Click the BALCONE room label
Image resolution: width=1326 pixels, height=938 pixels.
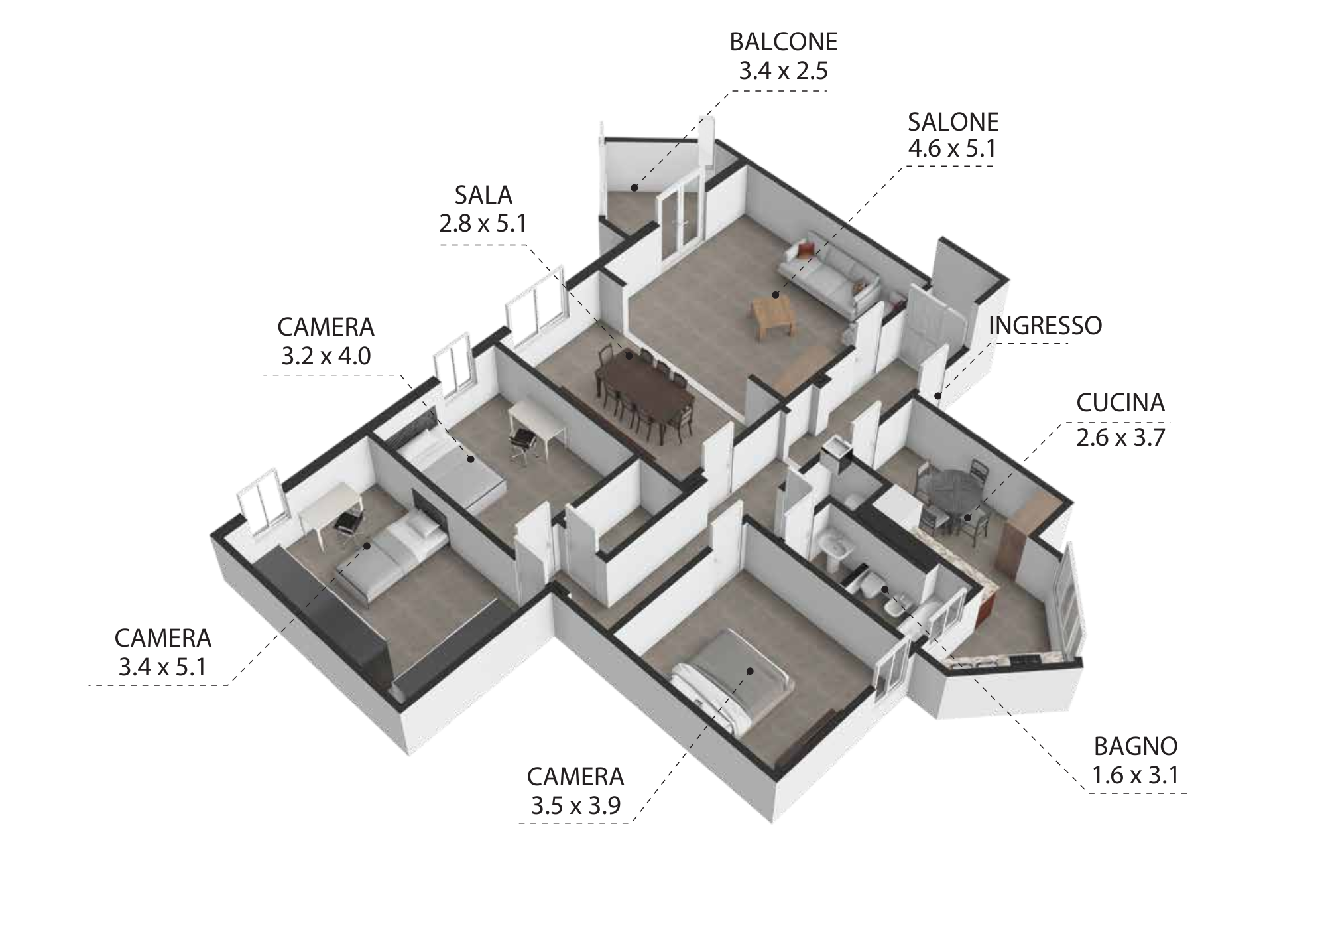pyautogui.click(x=784, y=42)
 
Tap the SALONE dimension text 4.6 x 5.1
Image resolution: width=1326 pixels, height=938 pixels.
pyautogui.click(x=953, y=148)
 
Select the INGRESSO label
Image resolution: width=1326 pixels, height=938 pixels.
pyautogui.click(x=1045, y=326)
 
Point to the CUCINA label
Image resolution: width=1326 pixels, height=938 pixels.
pyautogui.click(x=1120, y=403)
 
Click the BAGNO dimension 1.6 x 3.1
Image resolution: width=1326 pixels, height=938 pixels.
pyautogui.click(x=1136, y=775)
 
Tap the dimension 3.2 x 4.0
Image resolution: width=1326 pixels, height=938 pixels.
pyautogui.click(x=326, y=356)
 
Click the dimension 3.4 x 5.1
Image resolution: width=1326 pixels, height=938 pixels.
pyautogui.click(x=163, y=666)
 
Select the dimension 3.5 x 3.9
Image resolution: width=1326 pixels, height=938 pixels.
pyautogui.click(x=575, y=805)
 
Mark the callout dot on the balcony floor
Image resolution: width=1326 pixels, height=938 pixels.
pyautogui.click(x=634, y=188)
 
